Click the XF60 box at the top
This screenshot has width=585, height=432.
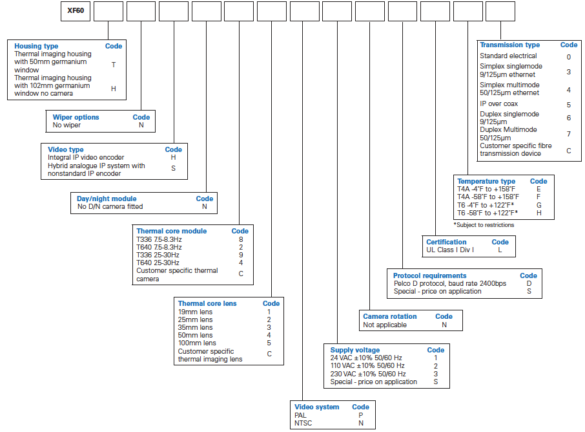pos(76,11)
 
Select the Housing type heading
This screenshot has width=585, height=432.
pos(36,46)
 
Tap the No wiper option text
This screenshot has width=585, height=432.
pos(67,125)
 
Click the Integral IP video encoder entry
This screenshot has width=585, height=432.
pos(86,157)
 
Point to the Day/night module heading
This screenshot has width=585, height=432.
pos(107,199)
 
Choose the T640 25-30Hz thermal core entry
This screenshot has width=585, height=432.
pos(158,263)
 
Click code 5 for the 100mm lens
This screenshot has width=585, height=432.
pos(269,343)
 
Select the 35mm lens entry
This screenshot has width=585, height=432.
pos(195,327)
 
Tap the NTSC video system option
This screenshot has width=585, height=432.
pos(303,423)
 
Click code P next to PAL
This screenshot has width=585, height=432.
pos(361,415)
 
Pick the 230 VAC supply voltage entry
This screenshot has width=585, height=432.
pos(368,374)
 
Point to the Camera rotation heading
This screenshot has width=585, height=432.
pos(390,316)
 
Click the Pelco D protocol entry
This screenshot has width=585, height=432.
pos(450,284)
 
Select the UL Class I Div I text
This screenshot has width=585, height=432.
pos(450,250)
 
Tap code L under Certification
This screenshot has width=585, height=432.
pos(500,250)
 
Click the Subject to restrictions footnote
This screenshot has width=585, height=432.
pos(484,225)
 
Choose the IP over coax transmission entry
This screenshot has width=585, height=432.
pos(499,104)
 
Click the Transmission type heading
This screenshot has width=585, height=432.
pos(509,45)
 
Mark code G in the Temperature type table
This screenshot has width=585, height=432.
pos(539,205)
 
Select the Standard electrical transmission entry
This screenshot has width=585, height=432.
pos(508,56)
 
